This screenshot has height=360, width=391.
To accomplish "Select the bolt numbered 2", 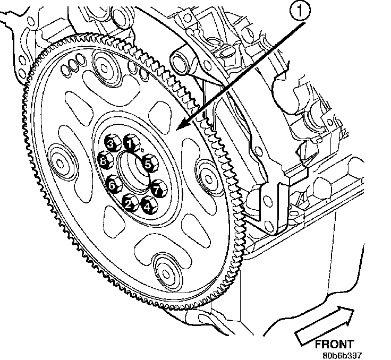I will (129, 201).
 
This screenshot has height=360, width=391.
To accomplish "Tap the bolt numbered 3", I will (111, 142).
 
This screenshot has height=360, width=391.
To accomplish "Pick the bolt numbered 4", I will (147, 203).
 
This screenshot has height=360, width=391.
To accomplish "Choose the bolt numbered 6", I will (112, 185).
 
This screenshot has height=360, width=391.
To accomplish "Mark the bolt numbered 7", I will (156, 187).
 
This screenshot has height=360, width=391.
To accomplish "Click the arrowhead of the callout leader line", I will (180, 127).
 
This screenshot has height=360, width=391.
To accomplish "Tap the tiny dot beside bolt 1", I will (137, 150).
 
